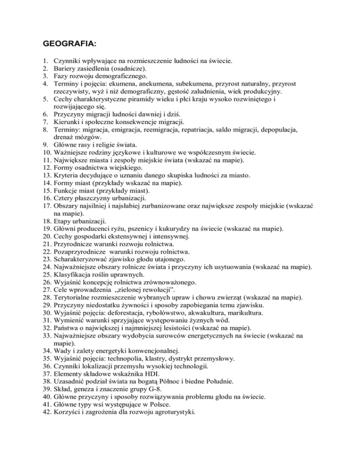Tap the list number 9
pyautogui.click(x=45, y=144)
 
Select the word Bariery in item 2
pyautogui.click(x=66, y=68)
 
